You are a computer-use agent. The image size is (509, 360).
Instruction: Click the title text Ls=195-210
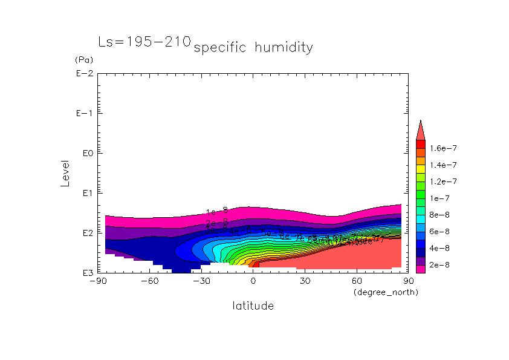144,42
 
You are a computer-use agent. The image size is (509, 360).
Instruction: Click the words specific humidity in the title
253,48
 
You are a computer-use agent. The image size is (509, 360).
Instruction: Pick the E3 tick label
85,273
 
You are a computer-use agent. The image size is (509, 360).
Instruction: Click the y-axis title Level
65,173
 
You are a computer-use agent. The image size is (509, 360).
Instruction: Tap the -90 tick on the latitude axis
97,281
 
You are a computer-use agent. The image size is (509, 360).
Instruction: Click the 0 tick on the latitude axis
253,281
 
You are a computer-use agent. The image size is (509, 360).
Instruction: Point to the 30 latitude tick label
305,281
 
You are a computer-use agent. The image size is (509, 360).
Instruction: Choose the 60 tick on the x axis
357,281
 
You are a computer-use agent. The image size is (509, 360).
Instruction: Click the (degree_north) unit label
386,292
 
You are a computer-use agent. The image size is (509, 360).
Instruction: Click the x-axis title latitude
253,306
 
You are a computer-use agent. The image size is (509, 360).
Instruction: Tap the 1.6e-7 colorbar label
442,148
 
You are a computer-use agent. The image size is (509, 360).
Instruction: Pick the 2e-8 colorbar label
439,266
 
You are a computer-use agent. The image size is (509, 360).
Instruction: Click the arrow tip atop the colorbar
421,122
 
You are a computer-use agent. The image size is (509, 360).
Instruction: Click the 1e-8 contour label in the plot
216,212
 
